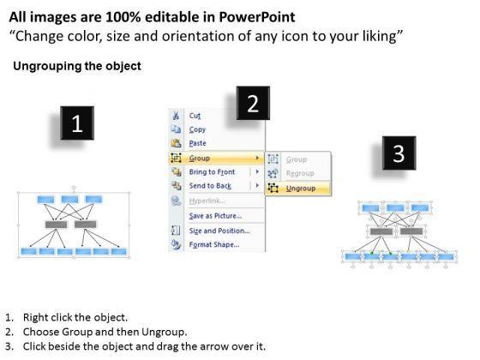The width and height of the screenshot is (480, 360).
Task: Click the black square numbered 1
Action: point(77,123)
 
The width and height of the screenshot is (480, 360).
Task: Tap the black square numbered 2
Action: point(253,103)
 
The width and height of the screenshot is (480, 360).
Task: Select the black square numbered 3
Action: point(399,153)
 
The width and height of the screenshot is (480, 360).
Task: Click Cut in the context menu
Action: point(195,116)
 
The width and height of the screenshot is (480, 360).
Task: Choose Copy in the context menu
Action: point(197,129)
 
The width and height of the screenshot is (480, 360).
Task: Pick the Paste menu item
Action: point(197,143)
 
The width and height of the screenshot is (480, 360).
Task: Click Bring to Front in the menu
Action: point(212,172)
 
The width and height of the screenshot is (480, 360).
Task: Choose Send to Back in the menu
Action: point(210,186)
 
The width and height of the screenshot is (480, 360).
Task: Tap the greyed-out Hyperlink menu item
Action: point(207,201)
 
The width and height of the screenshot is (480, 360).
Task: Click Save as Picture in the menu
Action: point(215,216)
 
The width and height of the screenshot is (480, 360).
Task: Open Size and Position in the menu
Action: point(219,231)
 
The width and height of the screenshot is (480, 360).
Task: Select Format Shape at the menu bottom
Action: point(214,244)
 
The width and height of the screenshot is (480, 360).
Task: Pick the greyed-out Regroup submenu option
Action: point(300,173)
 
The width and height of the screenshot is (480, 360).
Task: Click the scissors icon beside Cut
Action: point(176,116)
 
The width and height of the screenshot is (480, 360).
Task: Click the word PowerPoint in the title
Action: point(257,17)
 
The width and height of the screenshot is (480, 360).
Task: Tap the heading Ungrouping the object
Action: point(77,66)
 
